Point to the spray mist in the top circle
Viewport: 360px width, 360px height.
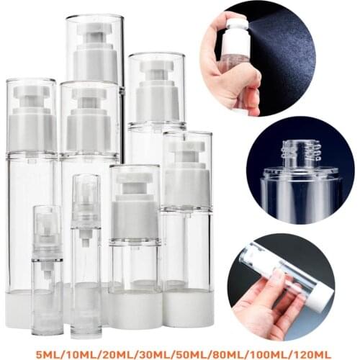[288, 43]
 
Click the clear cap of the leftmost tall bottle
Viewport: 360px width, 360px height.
[31, 115]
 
